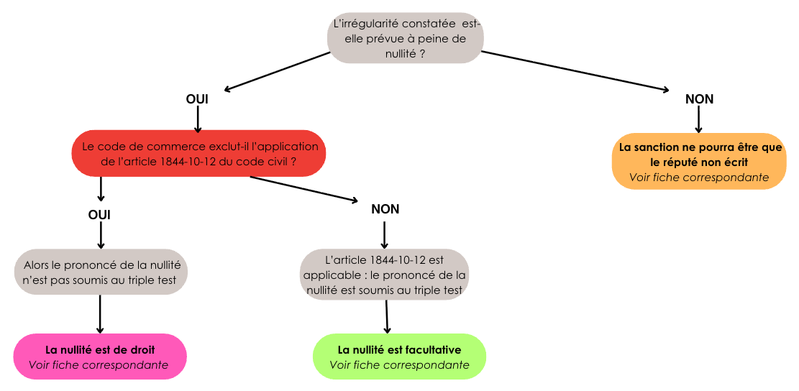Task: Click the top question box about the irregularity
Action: click(x=405, y=37)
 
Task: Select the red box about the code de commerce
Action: click(x=198, y=153)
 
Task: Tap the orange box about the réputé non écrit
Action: click(x=699, y=162)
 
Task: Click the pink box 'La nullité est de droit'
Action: click(x=100, y=356)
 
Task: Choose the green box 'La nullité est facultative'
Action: click(x=400, y=356)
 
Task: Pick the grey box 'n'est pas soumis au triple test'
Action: click(x=101, y=272)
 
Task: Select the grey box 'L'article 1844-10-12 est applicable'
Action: click(x=385, y=274)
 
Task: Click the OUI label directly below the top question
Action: click(x=197, y=99)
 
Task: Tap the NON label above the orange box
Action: click(x=699, y=99)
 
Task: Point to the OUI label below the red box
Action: click(x=99, y=215)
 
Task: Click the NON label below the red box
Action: click(x=385, y=209)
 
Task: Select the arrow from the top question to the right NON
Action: click(x=575, y=71)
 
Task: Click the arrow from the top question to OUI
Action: click(x=276, y=71)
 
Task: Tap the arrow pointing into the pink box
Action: click(x=100, y=314)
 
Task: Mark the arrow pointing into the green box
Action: click(x=387, y=317)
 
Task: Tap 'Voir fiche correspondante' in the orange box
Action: click(x=699, y=177)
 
